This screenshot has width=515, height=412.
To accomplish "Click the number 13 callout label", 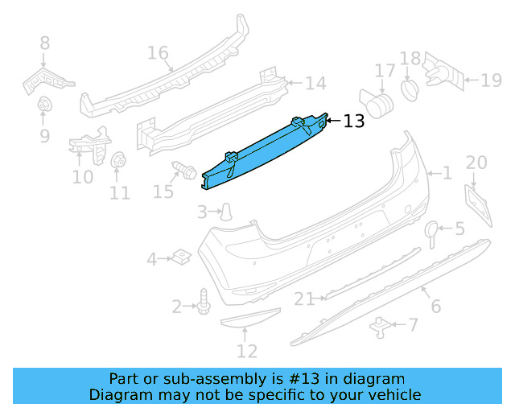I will pos(354,122).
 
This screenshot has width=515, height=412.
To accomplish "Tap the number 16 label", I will pos(158,54).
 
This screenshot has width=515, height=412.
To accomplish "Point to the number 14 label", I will pos(315,83).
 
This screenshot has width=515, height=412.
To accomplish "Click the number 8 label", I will pos(44,43).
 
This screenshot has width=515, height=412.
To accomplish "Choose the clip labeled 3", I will pos(229,212).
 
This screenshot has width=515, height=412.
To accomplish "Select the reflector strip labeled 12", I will pos(249,320).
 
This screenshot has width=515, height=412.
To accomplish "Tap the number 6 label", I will pos(435,306).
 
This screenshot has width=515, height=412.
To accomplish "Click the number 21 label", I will pos(303,299).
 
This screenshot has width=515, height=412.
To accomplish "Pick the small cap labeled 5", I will pos(432,231).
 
